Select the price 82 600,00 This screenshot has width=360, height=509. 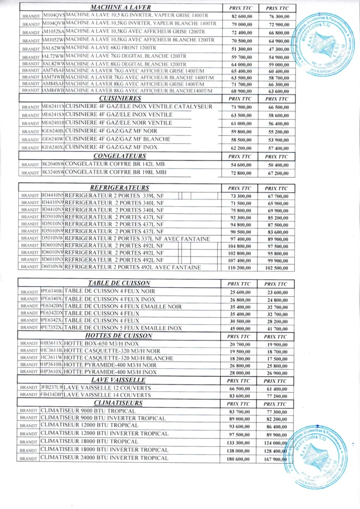(240, 16)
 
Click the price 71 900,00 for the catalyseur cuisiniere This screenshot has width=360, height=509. (240, 107)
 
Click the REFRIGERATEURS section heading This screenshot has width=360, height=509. (119, 188)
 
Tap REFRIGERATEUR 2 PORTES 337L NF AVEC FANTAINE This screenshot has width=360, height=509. (137, 239)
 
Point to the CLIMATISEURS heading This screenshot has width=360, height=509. (118, 403)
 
